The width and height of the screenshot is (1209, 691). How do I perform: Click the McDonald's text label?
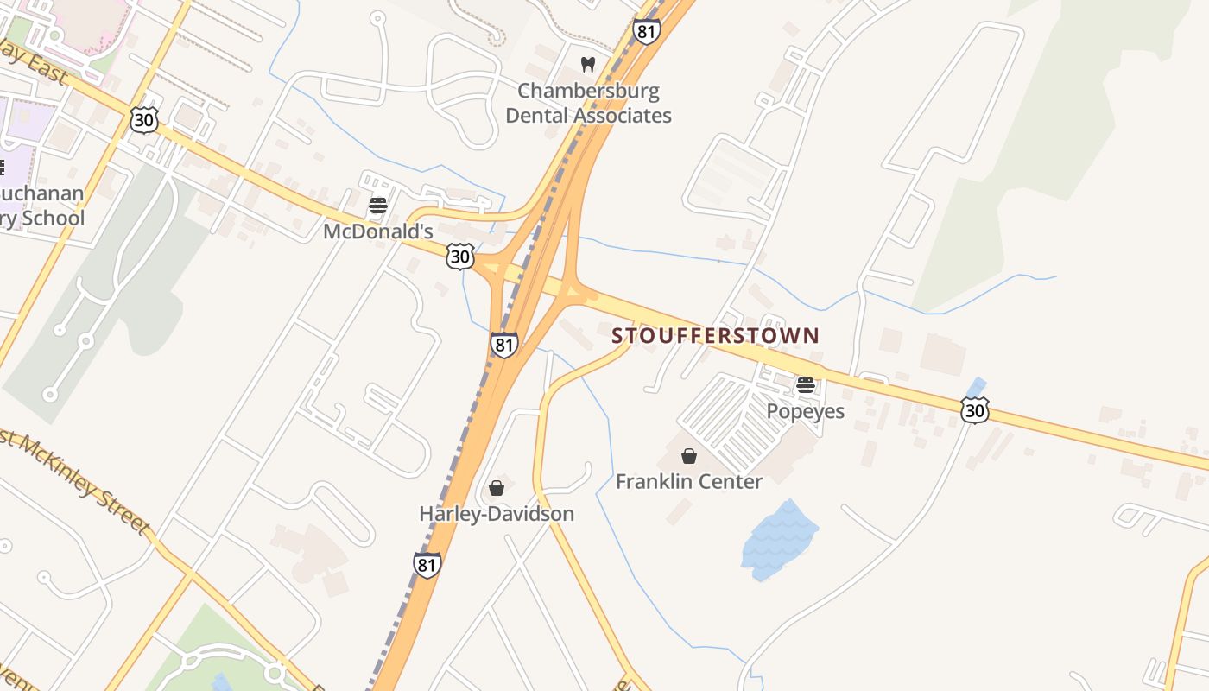pyautogui.click(x=377, y=231)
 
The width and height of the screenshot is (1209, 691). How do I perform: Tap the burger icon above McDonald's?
pyautogui.click(x=377, y=206)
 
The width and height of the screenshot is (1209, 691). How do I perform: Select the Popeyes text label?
pyautogui.click(x=806, y=410)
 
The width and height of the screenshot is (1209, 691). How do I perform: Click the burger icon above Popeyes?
pyautogui.click(x=806, y=385)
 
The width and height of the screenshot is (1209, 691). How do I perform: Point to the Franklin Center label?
pyautogui.click(x=688, y=481)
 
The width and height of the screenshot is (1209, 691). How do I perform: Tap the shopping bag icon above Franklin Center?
pyautogui.click(x=689, y=456)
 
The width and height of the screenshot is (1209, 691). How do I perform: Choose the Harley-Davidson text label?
pyautogui.click(x=497, y=514)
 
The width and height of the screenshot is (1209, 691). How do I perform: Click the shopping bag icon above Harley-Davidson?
pyautogui.click(x=497, y=488)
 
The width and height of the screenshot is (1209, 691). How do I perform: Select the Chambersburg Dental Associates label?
pyautogui.click(x=588, y=103)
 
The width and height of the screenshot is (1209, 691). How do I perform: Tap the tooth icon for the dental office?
pyautogui.click(x=588, y=64)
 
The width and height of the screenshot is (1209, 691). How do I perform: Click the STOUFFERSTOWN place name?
pyautogui.click(x=715, y=335)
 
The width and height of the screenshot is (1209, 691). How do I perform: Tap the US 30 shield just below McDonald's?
pyautogui.click(x=461, y=256)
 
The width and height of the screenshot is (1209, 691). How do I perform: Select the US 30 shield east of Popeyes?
pyautogui.click(x=974, y=410)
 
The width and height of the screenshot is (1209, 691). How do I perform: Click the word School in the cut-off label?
pyautogui.click(x=54, y=218)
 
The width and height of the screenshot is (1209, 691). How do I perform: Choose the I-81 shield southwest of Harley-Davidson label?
pyautogui.click(x=427, y=564)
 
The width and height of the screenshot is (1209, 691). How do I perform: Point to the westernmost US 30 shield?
pyautogui.click(x=144, y=120)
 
